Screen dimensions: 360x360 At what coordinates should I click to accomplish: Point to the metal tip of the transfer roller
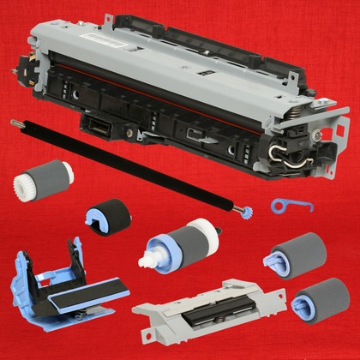pos(15,123)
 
